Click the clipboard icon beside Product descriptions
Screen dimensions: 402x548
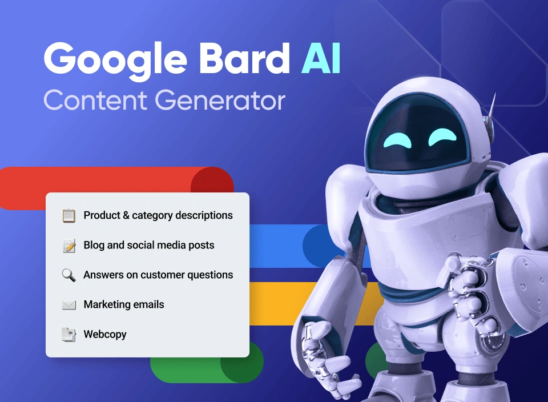tap(68, 216)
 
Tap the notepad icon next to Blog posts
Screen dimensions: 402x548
tap(68, 246)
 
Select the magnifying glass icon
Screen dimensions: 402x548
tap(68, 275)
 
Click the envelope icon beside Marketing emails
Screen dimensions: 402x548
tap(68, 305)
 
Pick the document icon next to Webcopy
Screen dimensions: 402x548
tap(68, 335)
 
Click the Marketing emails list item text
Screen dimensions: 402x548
tap(124, 305)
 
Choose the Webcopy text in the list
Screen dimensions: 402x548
tap(105, 335)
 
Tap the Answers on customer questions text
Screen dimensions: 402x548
tap(158, 275)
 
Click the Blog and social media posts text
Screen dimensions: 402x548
tap(149, 246)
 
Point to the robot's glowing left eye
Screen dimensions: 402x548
tap(395, 139)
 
